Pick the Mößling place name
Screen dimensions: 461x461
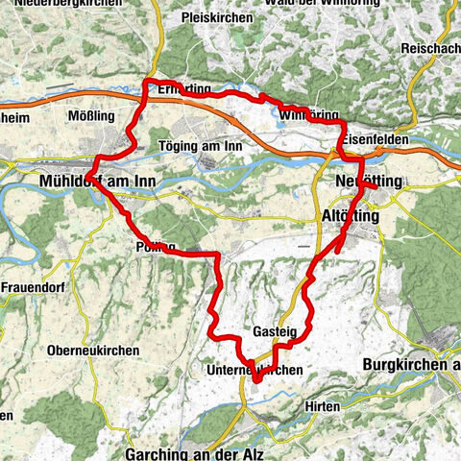point(93,115)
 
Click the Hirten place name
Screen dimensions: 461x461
point(323,406)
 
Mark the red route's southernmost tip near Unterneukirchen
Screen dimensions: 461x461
point(256,381)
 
